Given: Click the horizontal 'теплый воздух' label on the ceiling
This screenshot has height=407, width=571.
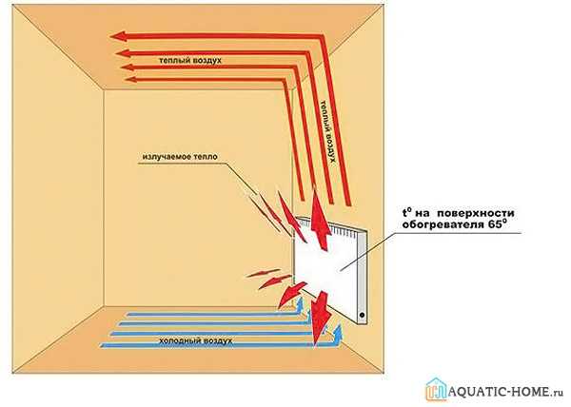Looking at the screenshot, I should coord(189,60).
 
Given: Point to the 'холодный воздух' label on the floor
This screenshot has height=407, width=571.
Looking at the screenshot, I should coord(196,339).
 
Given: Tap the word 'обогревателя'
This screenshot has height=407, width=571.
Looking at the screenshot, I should coord(444,227).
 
